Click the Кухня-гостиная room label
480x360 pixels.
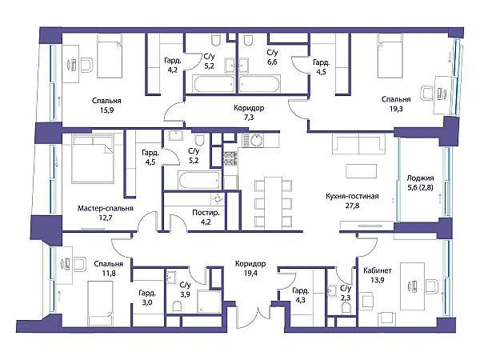tap(352, 196)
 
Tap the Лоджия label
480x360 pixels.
tap(420, 178)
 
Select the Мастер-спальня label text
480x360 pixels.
tap(106, 209)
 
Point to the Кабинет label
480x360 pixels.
tap(378, 270)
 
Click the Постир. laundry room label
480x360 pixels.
tap(206, 213)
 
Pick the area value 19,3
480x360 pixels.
tap(396, 109)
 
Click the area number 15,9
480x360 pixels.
tap(106, 110)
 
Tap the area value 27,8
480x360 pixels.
tap(352, 206)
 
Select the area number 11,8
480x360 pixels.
tap(109, 273)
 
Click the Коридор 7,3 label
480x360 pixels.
tap(249, 112)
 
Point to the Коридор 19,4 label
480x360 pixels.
tap(250, 269)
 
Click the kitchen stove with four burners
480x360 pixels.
tap(230, 158)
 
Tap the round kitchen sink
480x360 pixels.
tap(257, 140)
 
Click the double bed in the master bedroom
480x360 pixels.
tap(93, 159)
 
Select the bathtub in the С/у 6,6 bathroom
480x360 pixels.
tap(259, 84)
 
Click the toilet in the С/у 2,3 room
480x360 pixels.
tap(346, 308)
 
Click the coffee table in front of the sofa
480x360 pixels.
tap(362, 171)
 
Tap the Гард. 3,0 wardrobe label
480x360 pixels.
tap(147, 298)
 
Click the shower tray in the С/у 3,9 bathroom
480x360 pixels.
tap(209, 302)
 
